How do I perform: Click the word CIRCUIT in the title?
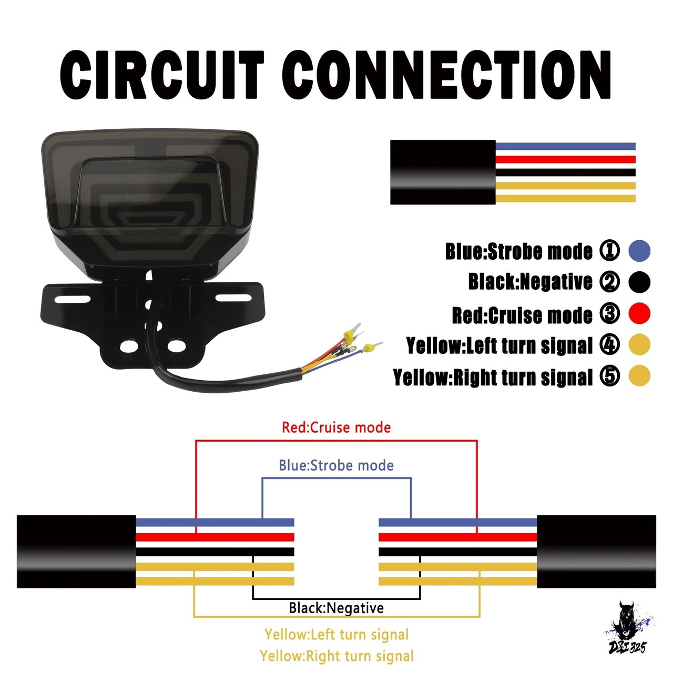pos(162,75)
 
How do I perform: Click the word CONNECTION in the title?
pos(447,75)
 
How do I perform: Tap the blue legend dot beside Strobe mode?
pos(639,251)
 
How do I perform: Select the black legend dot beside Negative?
pos(639,282)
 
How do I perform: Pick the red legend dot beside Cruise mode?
pos(639,313)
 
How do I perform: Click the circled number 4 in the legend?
pos(610,344)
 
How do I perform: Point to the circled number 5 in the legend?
pos(610,376)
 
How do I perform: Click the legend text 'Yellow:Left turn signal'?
pos(500,345)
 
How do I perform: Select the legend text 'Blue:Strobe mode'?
pos(519,251)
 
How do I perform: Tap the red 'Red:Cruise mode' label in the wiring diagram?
pos(336,427)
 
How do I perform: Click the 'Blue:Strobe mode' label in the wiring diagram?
pos(336,465)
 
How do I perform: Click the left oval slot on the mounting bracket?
pos(72,299)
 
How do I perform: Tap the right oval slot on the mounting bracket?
pos(233,298)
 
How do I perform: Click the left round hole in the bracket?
pos(128,346)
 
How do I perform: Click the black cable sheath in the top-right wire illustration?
pos(443,172)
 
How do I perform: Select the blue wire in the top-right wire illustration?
pos(565,146)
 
